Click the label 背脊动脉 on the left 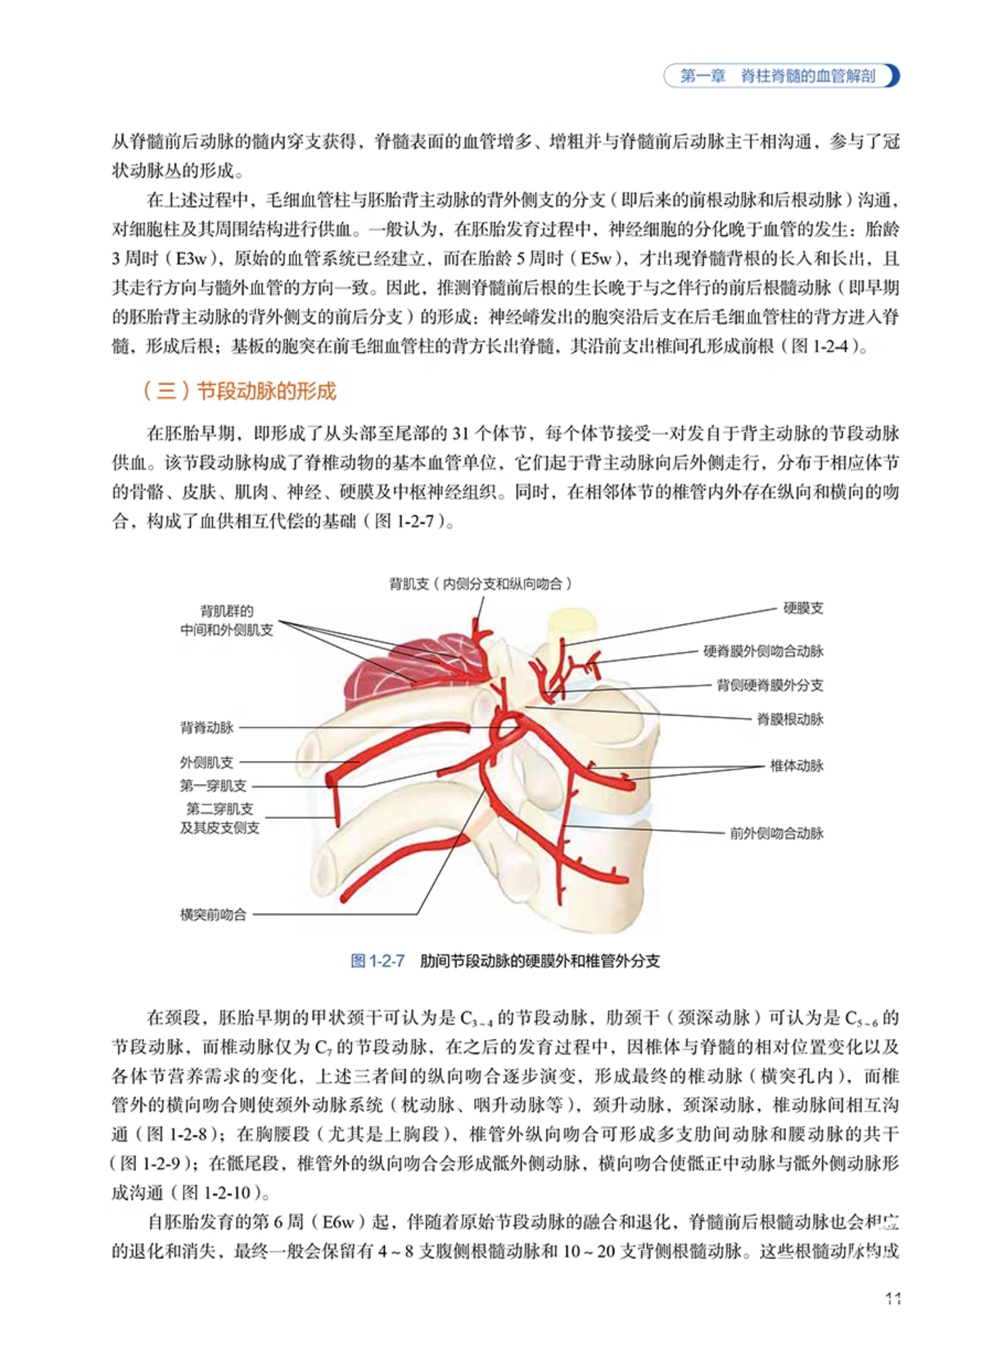207,728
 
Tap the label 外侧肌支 206,762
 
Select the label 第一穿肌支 213,786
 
